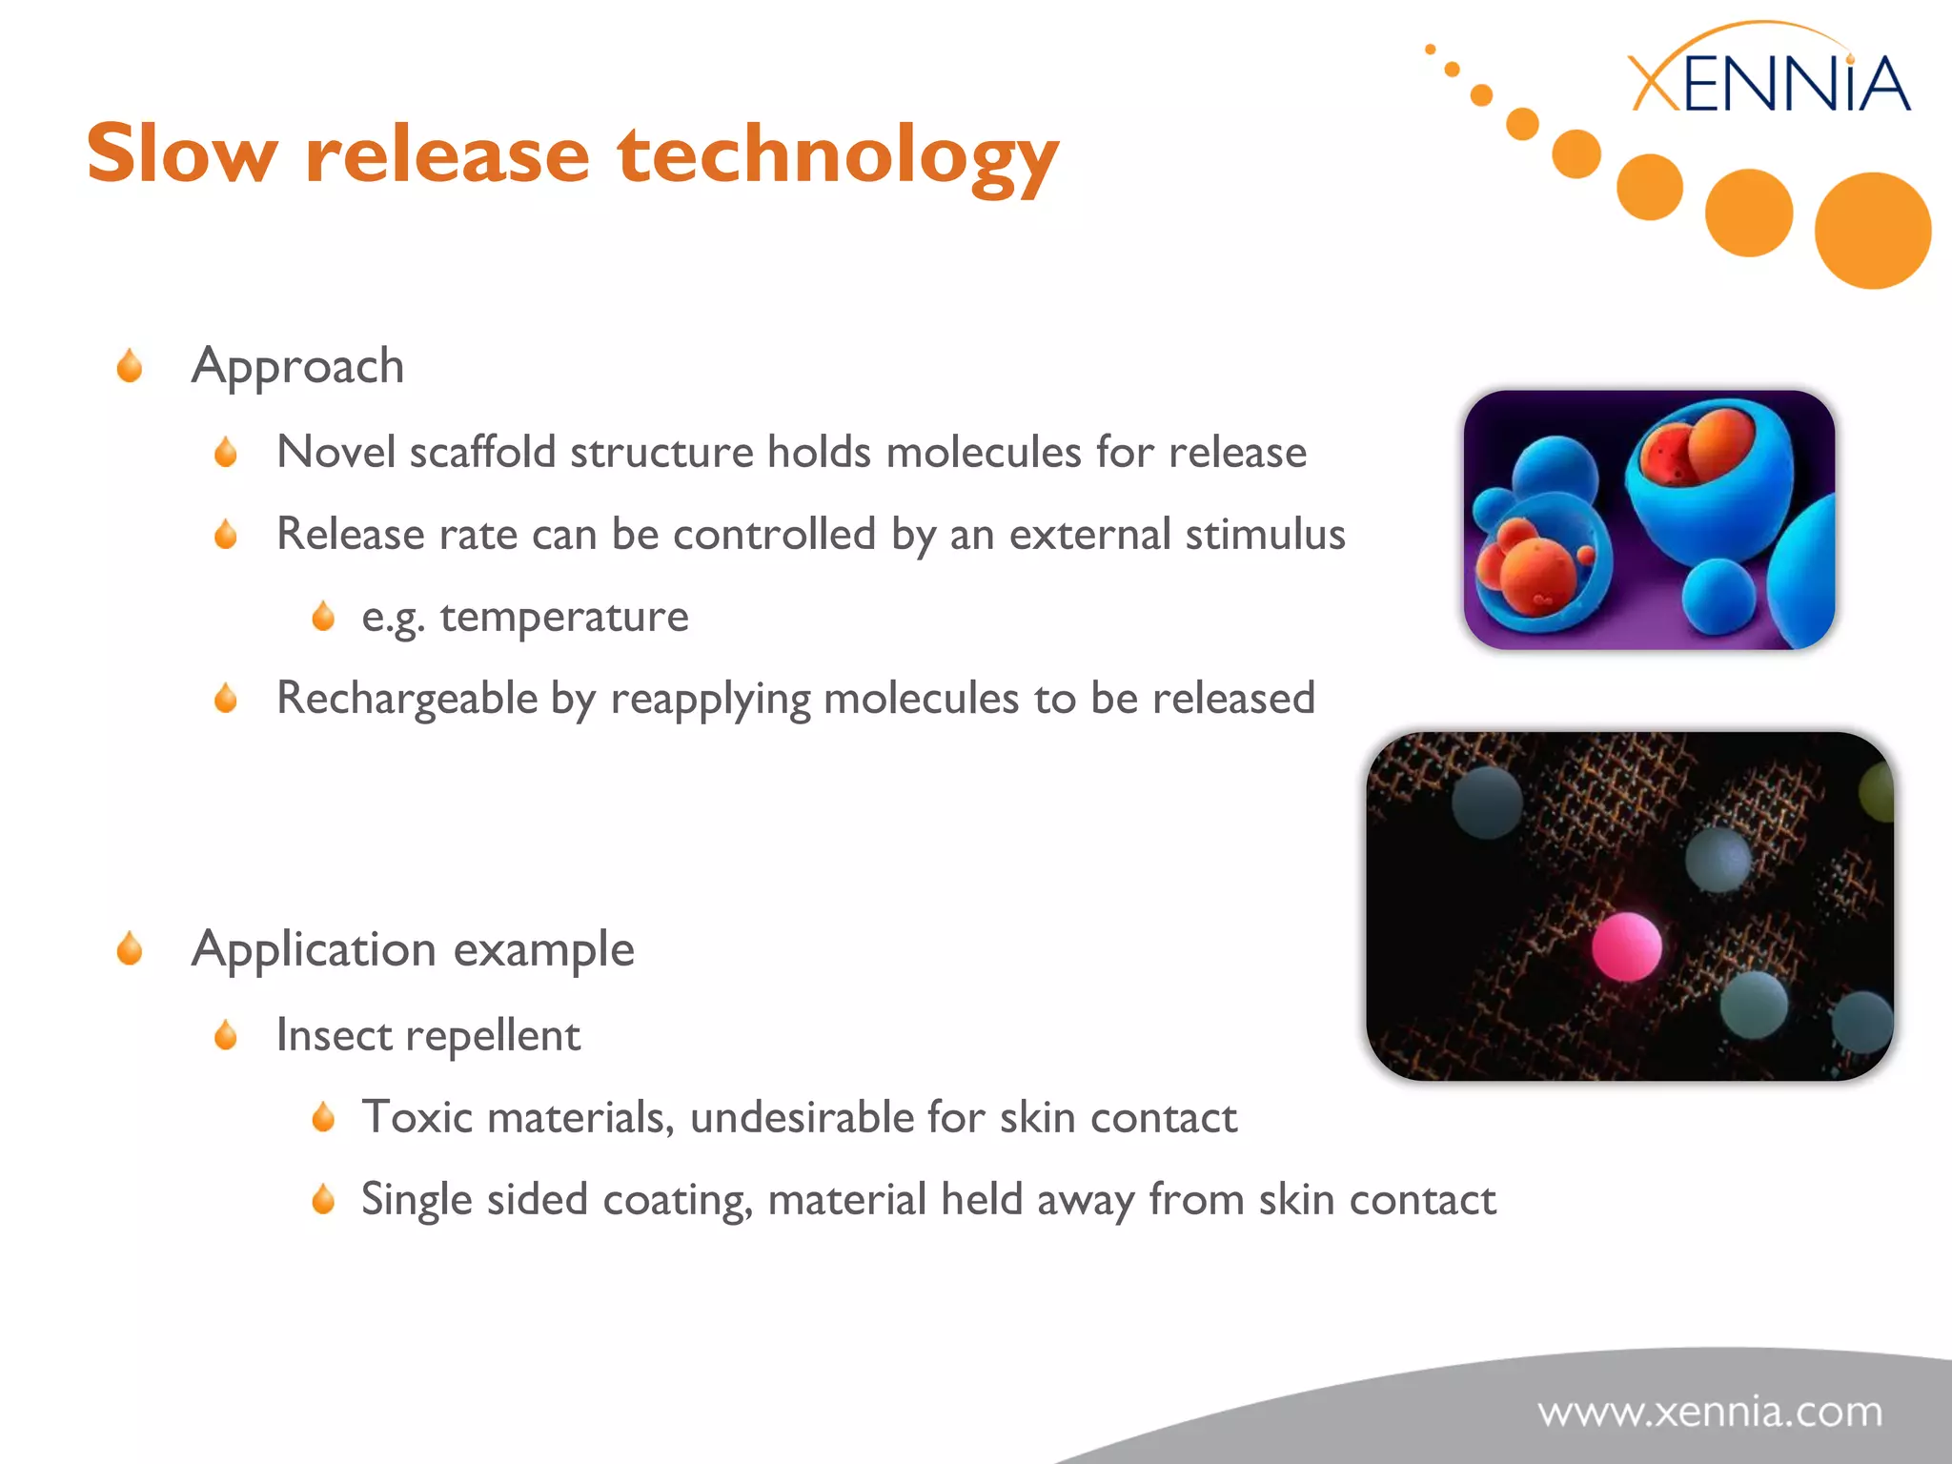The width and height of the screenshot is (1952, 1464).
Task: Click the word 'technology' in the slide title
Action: click(838, 155)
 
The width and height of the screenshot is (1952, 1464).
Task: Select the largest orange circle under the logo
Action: click(1872, 231)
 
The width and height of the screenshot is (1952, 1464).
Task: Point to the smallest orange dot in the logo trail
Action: click(1430, 50)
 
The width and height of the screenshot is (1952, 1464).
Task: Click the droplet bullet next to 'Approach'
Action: click(130, 366)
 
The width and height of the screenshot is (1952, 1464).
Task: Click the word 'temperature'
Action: click(564, 617)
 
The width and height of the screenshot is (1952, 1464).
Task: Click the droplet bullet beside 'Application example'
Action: click(130, 949)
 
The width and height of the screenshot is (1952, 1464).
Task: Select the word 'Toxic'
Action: click(417, 1117)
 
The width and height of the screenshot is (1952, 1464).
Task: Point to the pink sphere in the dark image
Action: click(1626, 946)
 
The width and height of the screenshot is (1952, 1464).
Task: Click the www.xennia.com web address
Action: click(1710, 1412)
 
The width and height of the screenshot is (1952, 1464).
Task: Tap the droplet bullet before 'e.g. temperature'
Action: click(323, 617)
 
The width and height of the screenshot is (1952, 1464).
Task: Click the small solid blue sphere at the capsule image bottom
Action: click(1718, 597)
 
